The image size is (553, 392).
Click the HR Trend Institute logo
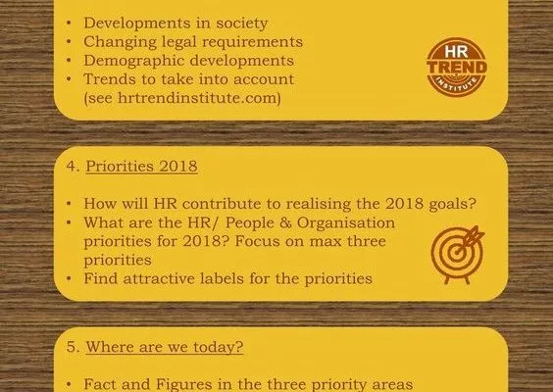(457, 68)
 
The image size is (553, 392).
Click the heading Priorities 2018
(141, 166)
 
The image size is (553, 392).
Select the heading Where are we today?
(165, 347)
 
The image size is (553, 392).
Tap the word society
(242, 24)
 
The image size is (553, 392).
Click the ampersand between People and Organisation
(285, 222)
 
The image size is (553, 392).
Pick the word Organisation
(346, 223)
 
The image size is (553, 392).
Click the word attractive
(159, 278)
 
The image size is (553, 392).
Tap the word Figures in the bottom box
(184, 384)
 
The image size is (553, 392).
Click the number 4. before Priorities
(73, 166)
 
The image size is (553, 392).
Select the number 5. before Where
(73, 347)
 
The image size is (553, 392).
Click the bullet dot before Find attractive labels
(69, 279)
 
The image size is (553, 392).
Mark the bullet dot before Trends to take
(69, 79)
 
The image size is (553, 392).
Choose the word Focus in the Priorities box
(257, 241)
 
